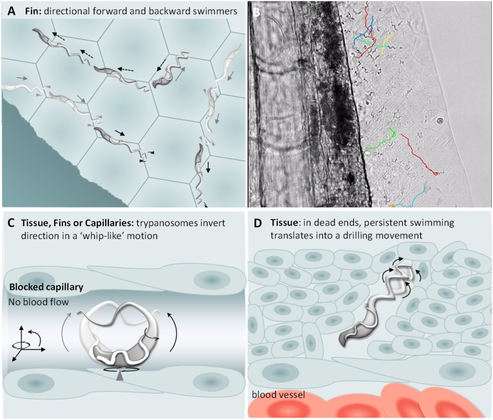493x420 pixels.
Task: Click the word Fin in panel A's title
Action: pyautogui.click(x=30, y=11)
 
